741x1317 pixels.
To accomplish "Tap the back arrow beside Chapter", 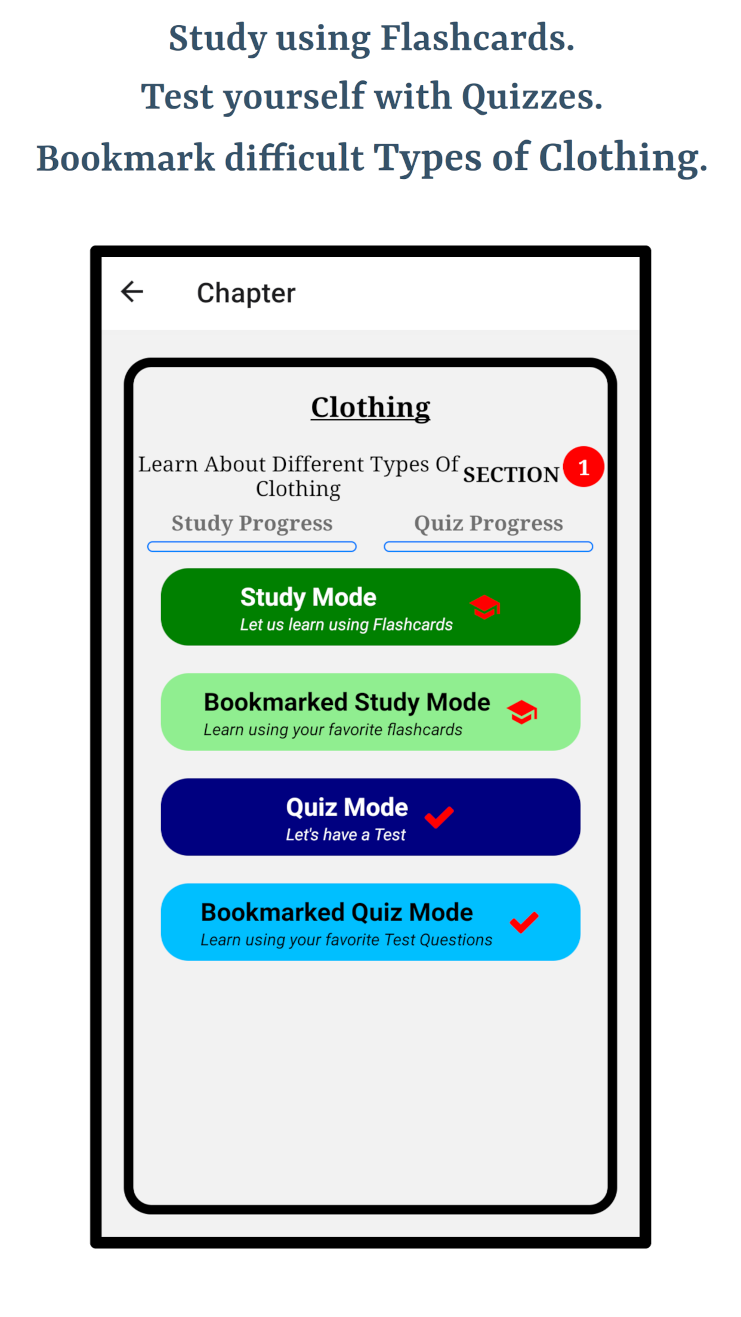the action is (132, 292).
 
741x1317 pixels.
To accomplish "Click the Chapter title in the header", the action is (246, 293).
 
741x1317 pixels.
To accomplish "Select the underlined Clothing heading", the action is (370, 408).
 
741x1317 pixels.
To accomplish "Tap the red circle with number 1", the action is (583, 466).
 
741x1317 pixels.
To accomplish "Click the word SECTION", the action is (511, 475).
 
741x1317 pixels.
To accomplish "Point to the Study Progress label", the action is (252, 524).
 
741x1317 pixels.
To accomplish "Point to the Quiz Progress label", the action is (489, 524).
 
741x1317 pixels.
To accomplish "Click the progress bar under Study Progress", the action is (252, 547).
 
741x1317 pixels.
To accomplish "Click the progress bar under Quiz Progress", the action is (489, 547).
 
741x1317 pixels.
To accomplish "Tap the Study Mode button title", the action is (308, 598).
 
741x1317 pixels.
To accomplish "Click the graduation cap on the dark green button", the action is (484, 607).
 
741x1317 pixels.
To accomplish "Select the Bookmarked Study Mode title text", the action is (347, 703).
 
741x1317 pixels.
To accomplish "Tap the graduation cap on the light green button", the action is (522, 712).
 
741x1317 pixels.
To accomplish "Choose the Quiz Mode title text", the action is (347, 808).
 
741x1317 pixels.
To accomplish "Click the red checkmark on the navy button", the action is (439, 817).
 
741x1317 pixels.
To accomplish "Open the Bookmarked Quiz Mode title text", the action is (337, 913).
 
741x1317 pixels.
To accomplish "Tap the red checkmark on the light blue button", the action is (524, 922).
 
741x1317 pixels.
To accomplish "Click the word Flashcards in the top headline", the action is (477, 38).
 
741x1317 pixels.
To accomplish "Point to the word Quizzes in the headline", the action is (532, 98).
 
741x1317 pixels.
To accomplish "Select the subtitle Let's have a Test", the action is (345, 835).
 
